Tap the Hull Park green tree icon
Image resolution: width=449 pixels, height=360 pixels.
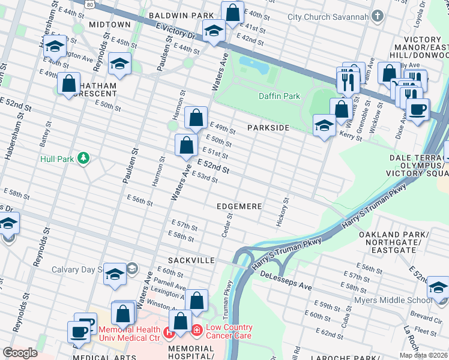pos(84,158)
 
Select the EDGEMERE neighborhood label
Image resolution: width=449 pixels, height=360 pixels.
pos(240,206)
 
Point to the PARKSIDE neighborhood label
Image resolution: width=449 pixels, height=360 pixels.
pos(268,128)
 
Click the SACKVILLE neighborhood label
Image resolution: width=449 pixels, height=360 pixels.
pos(191,261)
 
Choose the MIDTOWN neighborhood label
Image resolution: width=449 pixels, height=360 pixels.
pos(109,25)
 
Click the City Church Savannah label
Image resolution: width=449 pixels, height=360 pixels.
pos(327,16)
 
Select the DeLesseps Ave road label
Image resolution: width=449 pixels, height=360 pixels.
pos(286,281)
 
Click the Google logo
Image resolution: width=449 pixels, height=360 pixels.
pos(20,353)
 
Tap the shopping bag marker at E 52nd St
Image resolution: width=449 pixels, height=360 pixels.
pos(186,145)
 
